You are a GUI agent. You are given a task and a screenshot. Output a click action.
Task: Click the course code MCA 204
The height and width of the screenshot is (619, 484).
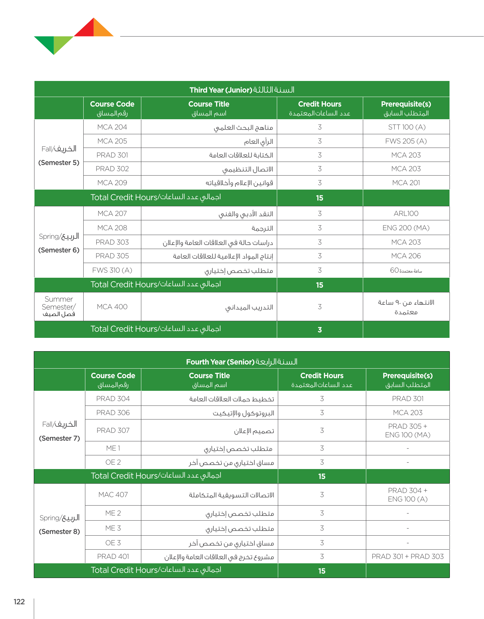click(112, 127)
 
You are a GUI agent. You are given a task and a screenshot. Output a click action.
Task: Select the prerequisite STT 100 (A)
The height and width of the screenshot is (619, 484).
click(407, 127)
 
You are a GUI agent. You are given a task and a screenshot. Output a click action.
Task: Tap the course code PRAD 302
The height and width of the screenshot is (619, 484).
click(112, 169)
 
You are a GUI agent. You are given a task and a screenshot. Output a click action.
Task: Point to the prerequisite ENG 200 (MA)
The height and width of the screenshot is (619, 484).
click(406, 228)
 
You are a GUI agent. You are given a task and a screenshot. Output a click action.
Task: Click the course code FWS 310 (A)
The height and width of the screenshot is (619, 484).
click(112, 270)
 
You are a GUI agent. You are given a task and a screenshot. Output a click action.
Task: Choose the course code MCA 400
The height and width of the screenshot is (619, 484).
click(112, 307)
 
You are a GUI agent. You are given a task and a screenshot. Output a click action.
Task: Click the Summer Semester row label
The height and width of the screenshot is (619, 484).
click(59, 306)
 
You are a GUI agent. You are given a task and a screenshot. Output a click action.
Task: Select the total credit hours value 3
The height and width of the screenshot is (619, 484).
click(319, 330)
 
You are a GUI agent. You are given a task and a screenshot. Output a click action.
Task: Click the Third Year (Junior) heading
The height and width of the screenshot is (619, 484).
click(242, 90)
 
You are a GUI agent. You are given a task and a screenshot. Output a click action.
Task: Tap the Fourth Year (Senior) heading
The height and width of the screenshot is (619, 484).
click(242, 362)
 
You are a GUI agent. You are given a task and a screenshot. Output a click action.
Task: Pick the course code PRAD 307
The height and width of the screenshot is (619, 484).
click(113, 430)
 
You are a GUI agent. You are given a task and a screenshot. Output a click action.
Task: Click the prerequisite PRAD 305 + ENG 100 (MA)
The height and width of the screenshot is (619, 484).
click(408, 430)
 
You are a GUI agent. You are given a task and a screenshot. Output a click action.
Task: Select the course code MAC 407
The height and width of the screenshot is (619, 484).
click(113, 495)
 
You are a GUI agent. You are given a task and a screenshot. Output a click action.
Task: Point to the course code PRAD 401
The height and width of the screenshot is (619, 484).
click(113, 556)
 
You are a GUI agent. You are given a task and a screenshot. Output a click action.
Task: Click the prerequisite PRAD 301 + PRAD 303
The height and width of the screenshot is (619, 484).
click(408, 556)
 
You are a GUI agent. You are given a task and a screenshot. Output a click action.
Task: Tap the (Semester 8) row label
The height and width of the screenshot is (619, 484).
click(59, 532)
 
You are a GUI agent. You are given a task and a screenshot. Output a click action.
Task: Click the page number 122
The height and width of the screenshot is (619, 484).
click(19, 602)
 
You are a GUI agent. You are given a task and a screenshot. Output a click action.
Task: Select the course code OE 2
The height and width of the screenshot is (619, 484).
click(113, 462)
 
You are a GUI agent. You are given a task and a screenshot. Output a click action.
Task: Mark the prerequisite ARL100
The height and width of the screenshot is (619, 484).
click(406, 214)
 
